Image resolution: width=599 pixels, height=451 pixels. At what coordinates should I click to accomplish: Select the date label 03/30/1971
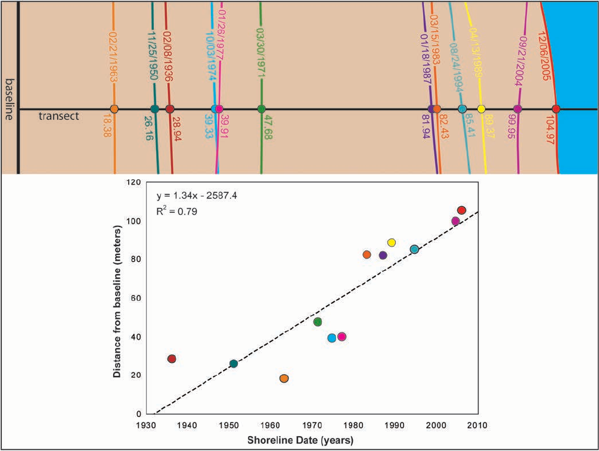260,54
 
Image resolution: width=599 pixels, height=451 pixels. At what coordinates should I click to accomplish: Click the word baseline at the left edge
8,98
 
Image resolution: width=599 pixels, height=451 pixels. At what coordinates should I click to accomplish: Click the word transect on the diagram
59,116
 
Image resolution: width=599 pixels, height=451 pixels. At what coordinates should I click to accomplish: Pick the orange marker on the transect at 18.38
114,109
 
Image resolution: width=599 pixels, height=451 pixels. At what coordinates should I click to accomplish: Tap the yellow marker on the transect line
482,109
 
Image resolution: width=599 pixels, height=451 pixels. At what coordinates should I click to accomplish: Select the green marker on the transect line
261,109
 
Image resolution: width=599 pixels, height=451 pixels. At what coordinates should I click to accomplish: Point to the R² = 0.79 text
176,211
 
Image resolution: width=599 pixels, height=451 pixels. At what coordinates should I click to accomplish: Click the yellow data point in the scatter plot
392,242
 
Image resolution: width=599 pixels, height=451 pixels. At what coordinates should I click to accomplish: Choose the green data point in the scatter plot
318,322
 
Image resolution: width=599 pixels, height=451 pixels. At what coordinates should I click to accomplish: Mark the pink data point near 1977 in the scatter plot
342,337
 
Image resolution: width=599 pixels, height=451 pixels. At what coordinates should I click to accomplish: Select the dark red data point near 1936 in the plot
172,359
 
